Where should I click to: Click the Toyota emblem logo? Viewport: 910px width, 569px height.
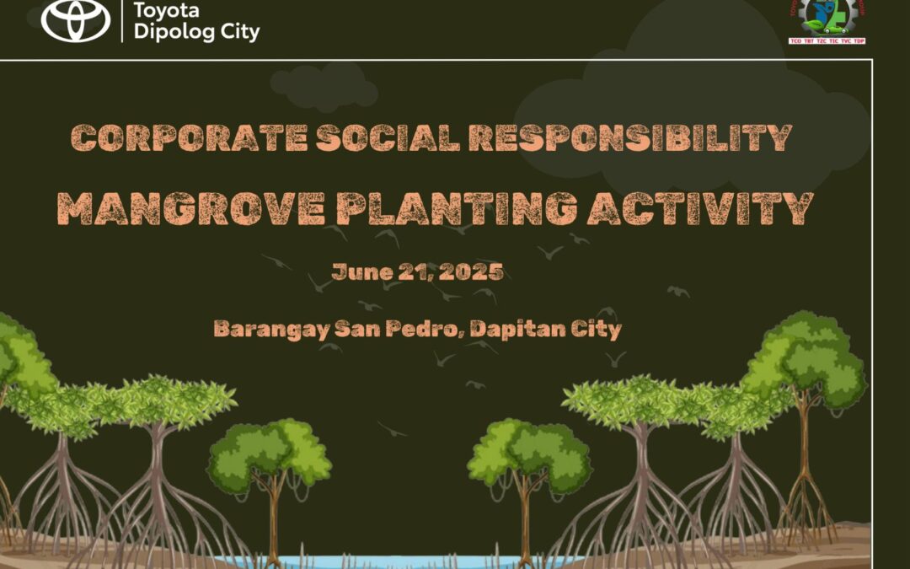click(x=76, y=20)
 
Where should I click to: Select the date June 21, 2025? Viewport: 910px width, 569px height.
click(x=418, y=272)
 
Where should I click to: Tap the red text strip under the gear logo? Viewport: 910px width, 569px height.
click(x=827, y=40)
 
